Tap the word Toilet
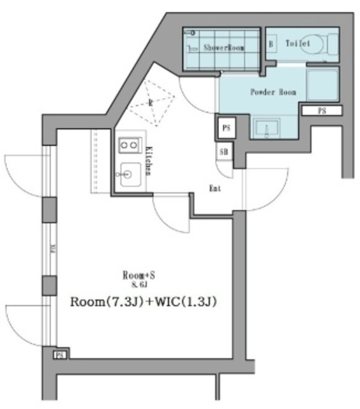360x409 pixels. pos(297,43)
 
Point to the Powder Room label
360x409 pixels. pos(273,92)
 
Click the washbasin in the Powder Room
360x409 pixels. pos(267,127)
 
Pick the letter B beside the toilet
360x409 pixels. pos(271,44)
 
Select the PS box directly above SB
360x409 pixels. pos(226,128)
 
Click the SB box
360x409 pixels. pos(225,152)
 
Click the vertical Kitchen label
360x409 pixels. pos(148,160)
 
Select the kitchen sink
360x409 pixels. pos(130,173)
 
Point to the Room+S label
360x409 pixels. pos(139,275)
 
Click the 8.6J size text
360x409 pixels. pos(139,285)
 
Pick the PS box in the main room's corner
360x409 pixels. pos(59,354)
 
